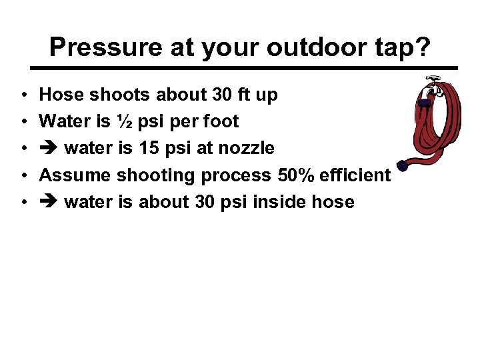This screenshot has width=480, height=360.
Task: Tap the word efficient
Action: (x=354, y=175)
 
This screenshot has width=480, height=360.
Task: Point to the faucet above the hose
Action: (x=432, y=83)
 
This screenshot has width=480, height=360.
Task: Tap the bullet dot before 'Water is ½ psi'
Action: (x=23, y=122)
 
